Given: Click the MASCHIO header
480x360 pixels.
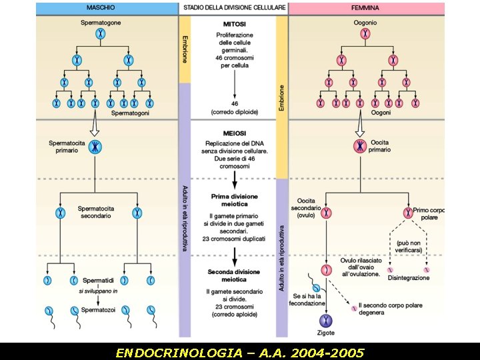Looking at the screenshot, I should (x=101, y=8).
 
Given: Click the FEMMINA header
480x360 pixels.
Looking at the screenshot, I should (x=365, y=8).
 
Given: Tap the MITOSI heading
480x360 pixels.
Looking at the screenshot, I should (x=235, y=24).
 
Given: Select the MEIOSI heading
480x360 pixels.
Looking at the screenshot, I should (x=235, y=132).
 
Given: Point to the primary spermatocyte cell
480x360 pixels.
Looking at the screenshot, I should (x=97, y=146).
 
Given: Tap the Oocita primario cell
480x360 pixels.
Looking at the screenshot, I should (x=361, y=146).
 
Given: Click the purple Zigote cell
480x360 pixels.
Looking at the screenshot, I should (x=327, y=321).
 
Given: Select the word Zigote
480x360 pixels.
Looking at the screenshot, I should (x=327, y=333).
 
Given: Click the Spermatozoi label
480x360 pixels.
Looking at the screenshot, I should (x=99, y=310).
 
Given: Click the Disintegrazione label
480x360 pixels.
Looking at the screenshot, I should (x=409, y=277).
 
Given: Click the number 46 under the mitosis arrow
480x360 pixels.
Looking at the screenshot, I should (x=235, y=104).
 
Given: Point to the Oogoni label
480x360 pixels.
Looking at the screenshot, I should (x=381, y=113).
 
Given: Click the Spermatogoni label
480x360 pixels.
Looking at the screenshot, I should (x=130, y=113).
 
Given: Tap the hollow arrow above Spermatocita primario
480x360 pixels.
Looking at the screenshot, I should (x=96, y=126).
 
